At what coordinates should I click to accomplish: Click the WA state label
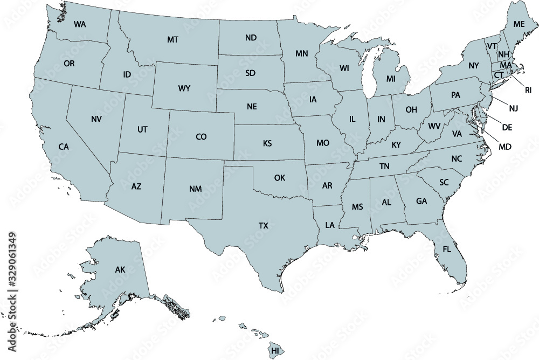80,24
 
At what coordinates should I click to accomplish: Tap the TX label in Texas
263,226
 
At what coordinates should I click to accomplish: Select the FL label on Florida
447,249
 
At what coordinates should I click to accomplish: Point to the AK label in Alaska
120,269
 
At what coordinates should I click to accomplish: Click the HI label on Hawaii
275,351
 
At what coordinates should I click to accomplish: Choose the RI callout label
528,90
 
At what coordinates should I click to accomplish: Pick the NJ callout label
513,108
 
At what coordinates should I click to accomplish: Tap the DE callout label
507,127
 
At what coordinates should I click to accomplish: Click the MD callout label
505,147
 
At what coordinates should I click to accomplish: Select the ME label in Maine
519,24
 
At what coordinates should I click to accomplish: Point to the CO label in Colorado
201,137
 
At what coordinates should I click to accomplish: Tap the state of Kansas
267,143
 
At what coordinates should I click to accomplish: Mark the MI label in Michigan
391,79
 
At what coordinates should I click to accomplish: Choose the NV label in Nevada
96,119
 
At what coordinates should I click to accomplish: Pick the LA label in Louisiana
330,225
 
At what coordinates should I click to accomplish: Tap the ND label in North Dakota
251,38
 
